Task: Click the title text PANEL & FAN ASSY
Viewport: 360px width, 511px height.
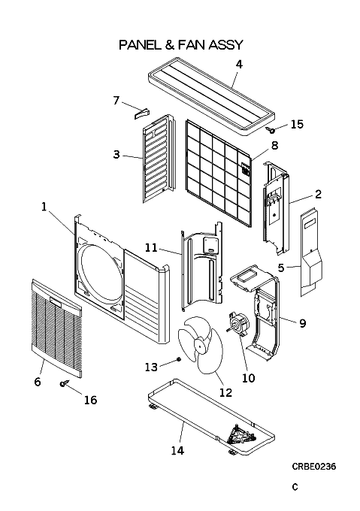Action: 181,44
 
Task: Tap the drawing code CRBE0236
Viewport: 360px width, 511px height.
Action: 313,467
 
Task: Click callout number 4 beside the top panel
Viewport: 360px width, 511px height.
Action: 239,65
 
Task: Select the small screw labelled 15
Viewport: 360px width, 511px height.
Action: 271,130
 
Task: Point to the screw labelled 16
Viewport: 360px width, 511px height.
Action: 65,383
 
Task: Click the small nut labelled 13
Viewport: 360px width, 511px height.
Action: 178,359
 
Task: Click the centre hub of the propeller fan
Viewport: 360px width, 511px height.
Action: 199,345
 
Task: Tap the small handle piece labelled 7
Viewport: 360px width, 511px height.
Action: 141,113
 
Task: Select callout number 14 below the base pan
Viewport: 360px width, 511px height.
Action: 177,450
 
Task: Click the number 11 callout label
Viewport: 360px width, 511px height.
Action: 151,248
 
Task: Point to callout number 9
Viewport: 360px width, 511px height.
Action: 302,323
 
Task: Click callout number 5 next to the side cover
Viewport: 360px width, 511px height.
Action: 281,268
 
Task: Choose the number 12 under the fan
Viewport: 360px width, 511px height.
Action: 225,392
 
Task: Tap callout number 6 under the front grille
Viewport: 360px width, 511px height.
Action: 38,382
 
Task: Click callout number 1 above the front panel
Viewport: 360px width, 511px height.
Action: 44,207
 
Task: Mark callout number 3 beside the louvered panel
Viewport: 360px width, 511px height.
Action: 116,154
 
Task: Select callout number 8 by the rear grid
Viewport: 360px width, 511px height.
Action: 274,145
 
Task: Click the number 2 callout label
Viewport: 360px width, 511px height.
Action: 318,194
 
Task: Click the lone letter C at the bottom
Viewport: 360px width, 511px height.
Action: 295,487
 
